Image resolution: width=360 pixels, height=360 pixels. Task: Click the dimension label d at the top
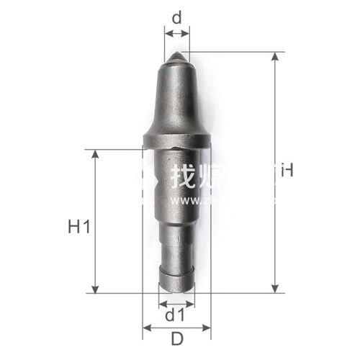(177, 15)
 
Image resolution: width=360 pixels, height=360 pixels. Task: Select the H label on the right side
(287, 171)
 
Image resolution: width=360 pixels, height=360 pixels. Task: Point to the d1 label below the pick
(176, 315)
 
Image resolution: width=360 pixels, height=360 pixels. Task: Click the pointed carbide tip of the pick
(177, 55)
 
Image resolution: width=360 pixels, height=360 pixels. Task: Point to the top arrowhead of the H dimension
(274, 56)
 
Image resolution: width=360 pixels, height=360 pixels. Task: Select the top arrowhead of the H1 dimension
(94, 154)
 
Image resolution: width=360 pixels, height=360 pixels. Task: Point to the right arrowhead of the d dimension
(187, 31)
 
